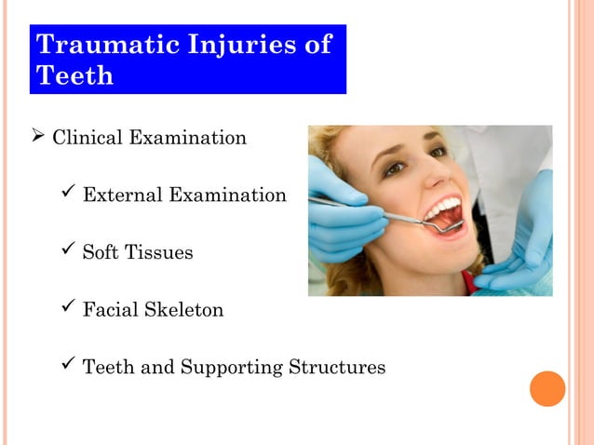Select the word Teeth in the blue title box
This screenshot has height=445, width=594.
[x=74, y=75]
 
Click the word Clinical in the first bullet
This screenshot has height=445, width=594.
[x=88, y=139]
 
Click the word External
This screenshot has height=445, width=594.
[x=120, y=196]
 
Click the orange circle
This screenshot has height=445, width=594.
[x=547, y=388]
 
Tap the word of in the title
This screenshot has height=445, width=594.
[x=317, y=44]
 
